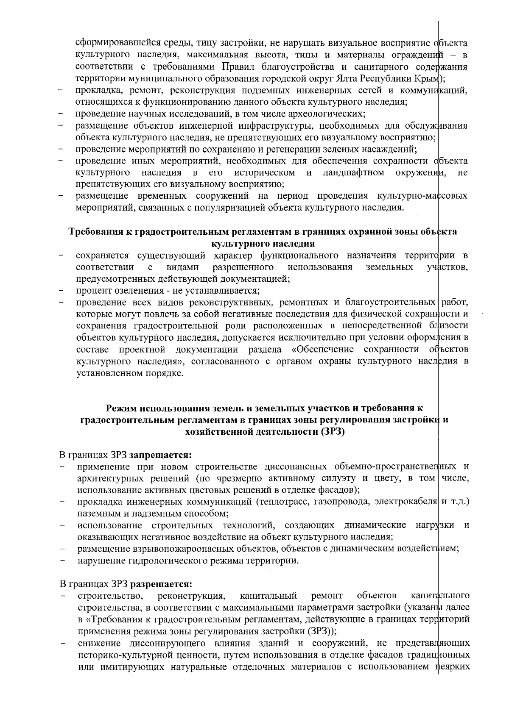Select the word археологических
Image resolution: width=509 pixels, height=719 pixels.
pyautogui.click(x=331, y=114)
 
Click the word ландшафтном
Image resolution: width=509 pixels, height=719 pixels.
pyautogui.click(x=354, y=173)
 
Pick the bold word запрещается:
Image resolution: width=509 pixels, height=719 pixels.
pyautogui.click(x=161, y=455)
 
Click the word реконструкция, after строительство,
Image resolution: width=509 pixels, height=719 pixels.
pyautogui.click(x=191, y=597)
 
